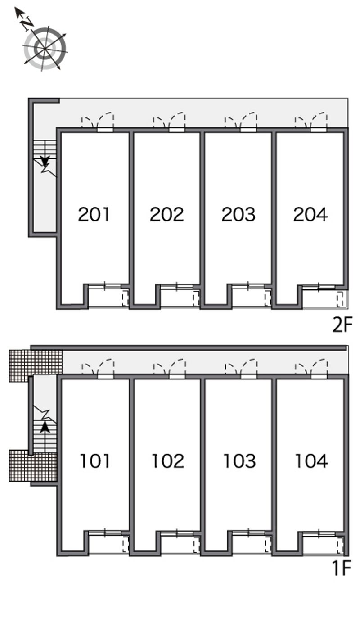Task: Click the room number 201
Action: pos(94,214)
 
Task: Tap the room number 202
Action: pos(166,214)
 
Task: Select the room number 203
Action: pos(238,214)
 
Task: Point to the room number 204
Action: pos(310,214)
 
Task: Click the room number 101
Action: pos(95,461)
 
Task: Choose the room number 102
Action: pos(168,461)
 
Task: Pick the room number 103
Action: pos(239,461)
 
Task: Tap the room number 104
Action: pos(311,461)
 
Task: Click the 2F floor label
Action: pos(342,325)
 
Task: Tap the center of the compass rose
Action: pos(45,49)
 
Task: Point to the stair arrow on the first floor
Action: pos(45,428)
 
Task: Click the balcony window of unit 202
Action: pos(176,287)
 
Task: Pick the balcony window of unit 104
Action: pos(319,533)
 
